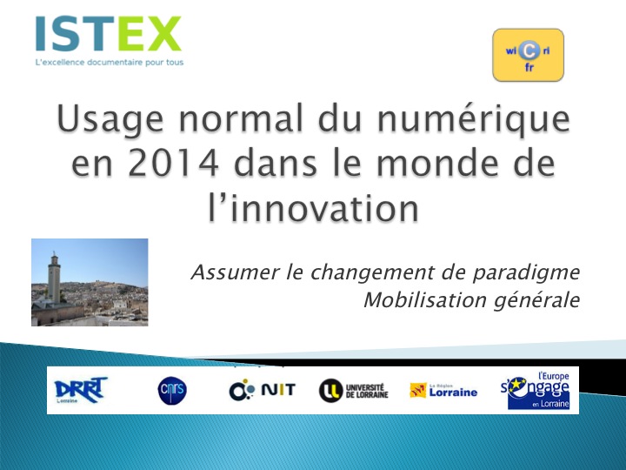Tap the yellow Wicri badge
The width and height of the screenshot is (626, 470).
(x=528, y=55)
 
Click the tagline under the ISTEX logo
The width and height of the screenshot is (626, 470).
(x=110, y=63)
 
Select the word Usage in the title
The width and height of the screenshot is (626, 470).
(x=110, y=118)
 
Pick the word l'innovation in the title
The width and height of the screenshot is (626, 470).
(x=313, y=208)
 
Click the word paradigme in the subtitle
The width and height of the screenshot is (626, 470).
(x=526, y=273)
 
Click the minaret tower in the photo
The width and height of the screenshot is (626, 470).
(x=54, y=278)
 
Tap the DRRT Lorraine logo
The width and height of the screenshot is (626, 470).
(x=81, y=390)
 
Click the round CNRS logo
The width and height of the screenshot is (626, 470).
(x=172, y=390)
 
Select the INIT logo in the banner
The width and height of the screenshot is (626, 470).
(x=262, y=390)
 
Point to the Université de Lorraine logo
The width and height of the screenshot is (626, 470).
(x=353, y=391)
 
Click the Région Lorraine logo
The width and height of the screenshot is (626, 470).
(x=443, y=391)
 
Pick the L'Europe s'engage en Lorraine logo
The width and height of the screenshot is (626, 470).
(x=535, y=391)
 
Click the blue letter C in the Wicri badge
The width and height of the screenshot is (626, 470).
(x=529, y=50)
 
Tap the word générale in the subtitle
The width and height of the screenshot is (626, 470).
(x=536, y=300)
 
